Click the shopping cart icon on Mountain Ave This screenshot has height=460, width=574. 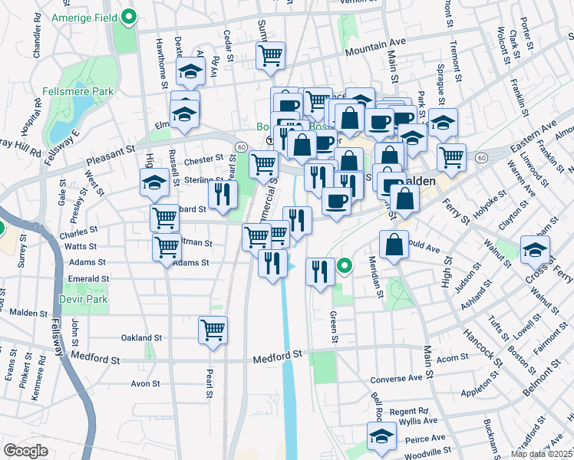(x=270, y=55)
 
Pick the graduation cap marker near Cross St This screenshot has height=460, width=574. (x=535, y=249)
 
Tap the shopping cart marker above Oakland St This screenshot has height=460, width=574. (x=213, y=330)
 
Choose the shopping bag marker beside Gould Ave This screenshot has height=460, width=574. (x=394, y=245)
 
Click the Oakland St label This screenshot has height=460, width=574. (x=142, y=337)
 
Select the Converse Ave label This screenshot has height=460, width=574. (x=396, y=379)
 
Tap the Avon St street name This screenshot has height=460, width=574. (x=144, y=383)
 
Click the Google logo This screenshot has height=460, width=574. (x=26, y=451)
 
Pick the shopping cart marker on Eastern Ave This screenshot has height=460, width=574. (x=451, y=157)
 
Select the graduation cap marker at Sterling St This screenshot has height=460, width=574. (x=153, y=182)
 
